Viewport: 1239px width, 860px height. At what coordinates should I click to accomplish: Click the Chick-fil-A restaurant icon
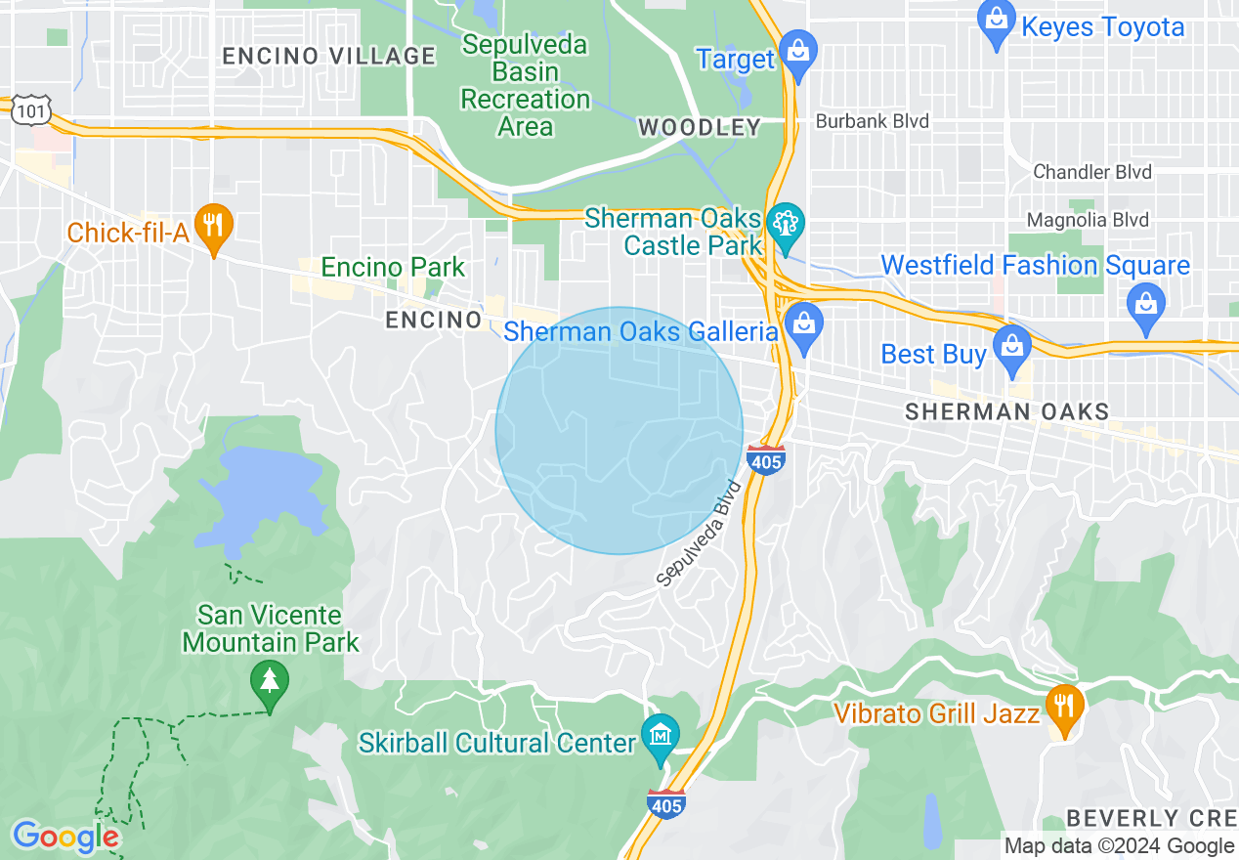(x=213, y=225)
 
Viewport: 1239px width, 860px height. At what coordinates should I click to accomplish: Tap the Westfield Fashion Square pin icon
(x=1146, y=301)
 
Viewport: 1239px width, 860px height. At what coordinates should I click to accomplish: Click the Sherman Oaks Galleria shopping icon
(x=804, y=324)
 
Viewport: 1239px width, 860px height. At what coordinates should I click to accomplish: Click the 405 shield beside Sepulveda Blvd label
(x=765, y=458)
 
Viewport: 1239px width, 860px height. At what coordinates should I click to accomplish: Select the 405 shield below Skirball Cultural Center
(x=665, y=804)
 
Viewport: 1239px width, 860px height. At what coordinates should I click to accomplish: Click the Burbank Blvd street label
(x=872, y=121)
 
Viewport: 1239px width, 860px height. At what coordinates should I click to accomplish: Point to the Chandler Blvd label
(x=1092, y=172)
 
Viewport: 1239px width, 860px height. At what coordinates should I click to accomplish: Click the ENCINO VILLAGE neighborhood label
(x=328, y=56)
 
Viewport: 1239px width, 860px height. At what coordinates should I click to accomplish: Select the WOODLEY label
(x=699, y=127)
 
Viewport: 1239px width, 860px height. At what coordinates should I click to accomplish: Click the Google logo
(x=65, y=837)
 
